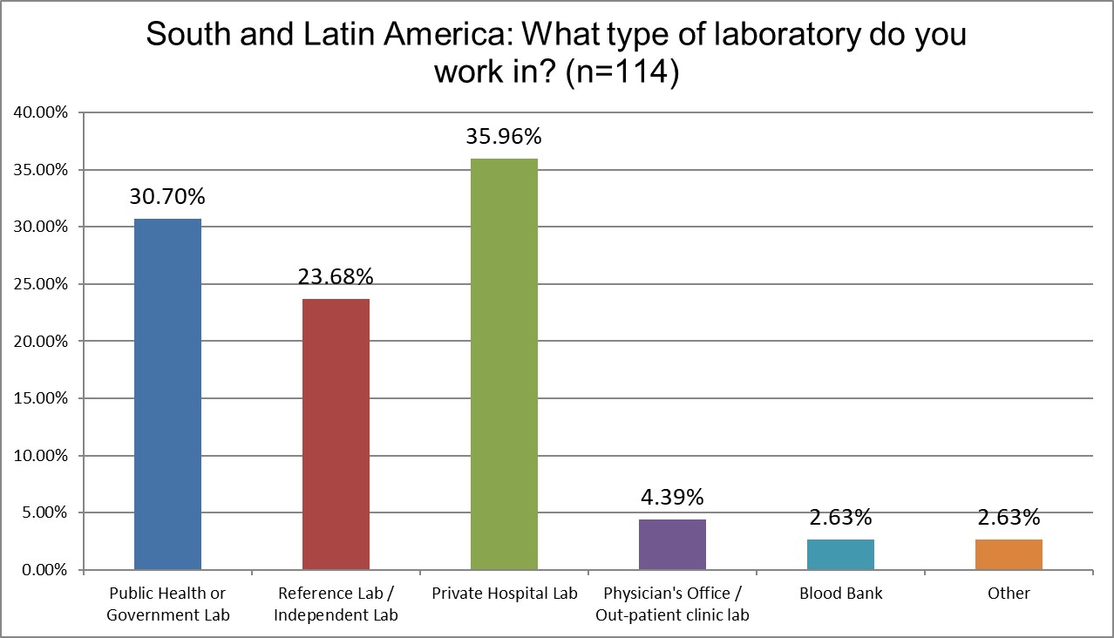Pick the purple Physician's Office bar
(672, 545)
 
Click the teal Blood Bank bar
(840, 554)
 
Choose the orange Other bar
(1009, 554)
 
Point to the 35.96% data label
(504, 137)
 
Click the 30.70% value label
(167, 197)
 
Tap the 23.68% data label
(336, 277)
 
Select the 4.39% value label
(672, 498)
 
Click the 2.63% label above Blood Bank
(840, 518)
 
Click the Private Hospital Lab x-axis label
(504, 594)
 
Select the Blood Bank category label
(840, 594)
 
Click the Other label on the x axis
(1009, 594)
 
